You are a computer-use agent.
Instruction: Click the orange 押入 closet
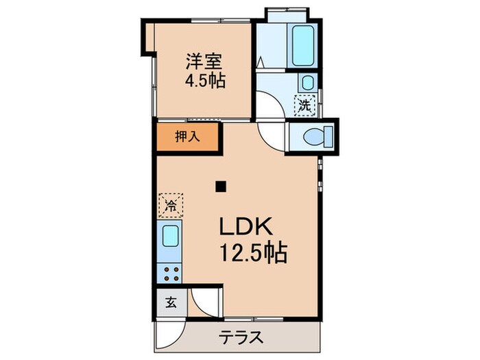coord(187,136)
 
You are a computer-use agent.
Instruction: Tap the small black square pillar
coord(220,185)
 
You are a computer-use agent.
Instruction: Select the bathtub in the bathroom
coord(302,45)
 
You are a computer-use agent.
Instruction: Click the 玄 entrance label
coord(170,302)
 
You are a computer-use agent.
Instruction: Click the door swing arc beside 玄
coord(204,302)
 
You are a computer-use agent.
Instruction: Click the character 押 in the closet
coord(181,136)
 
